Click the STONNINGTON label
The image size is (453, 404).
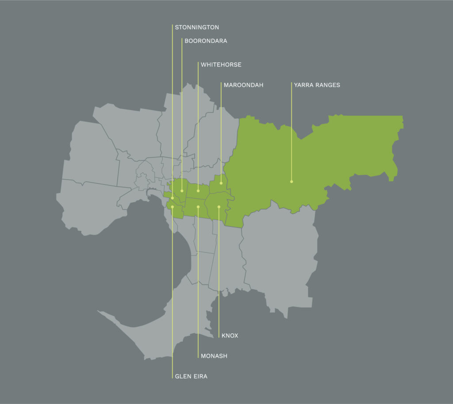point(197,27)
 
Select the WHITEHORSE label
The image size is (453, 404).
point(221,64)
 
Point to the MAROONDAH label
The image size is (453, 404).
point(243,85)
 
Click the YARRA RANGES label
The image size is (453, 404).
point(317,85)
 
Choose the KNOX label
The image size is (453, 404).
point(230,336)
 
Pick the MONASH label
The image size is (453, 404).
point(214,356)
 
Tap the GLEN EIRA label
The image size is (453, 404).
point(191,377)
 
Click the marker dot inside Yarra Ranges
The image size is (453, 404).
point(292,181)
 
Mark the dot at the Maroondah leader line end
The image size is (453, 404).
point(221,183)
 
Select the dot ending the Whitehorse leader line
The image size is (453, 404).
point(198,191)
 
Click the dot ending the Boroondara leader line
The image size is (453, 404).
point(182,191)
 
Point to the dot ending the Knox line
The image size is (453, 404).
point(219,207)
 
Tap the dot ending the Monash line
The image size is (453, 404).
point(198,206)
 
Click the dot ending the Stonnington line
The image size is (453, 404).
point(172,198)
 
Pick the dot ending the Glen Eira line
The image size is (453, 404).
point(172,207)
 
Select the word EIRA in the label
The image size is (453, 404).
point(200,377)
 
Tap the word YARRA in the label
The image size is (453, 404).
point(303,85)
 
